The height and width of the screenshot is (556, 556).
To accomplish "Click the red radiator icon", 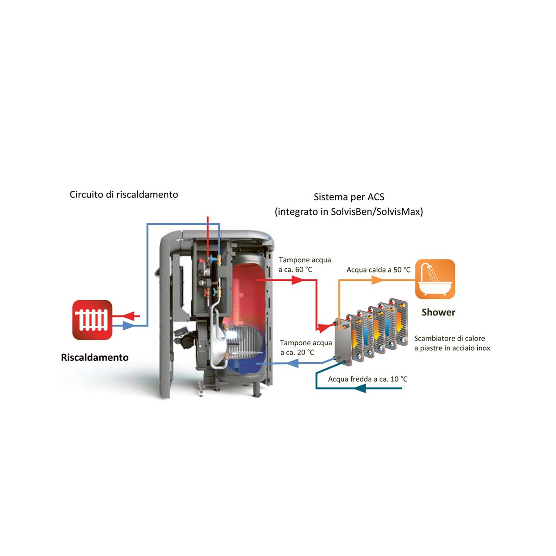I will [x=92, y=319].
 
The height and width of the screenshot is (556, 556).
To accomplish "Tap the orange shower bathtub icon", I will [x=435, y=279].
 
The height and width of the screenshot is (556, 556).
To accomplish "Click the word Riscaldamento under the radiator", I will [x=95, y=357].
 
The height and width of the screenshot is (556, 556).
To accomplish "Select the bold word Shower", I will [x=438, y=312].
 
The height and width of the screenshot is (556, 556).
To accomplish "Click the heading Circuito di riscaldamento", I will [x=124, y=194].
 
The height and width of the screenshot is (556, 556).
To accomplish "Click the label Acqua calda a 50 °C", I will [x=378, y=270].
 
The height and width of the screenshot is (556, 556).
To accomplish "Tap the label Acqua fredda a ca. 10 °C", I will [x=367, y=379].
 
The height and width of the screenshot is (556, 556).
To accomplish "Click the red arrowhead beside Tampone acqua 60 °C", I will [x=297, y=280].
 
